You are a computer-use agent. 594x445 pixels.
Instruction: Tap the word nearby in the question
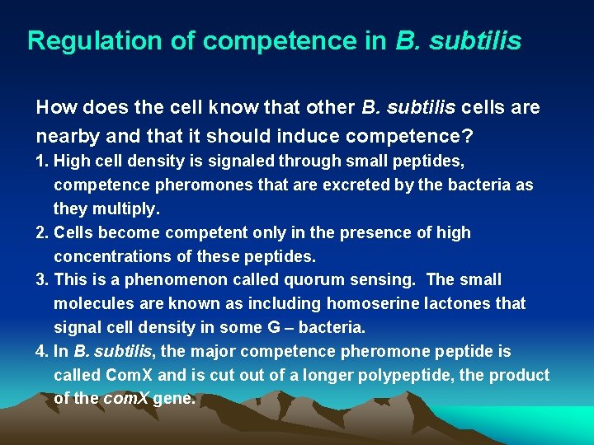68,133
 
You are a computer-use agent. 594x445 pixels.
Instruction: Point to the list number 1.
41,161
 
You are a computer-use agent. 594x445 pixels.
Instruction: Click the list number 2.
41,232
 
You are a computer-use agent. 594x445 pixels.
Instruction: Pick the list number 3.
41,280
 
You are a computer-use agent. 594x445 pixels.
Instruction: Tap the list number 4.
41,352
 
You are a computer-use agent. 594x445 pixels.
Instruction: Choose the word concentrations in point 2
115,256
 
